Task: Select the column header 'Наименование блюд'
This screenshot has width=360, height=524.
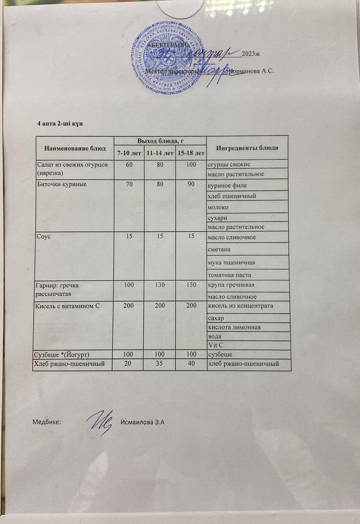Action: pos(75,148)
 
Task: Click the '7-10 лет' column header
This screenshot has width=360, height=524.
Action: pos(129,153)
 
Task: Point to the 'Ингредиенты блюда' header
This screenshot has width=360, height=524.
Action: pos(247,148)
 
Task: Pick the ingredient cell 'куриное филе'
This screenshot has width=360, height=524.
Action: pos(227,186)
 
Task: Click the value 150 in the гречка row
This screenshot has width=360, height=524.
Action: pos(191,285)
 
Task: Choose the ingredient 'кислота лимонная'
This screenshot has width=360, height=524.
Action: pos(234,327)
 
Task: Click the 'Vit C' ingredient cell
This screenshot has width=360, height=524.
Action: pos(216,345)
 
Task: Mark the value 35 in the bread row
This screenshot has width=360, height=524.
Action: pos(160,363)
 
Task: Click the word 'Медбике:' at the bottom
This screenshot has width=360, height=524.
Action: pos(47,422)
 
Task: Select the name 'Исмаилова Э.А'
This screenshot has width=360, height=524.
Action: pos(142,422)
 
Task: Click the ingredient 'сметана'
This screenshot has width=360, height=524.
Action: pos(219,249)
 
